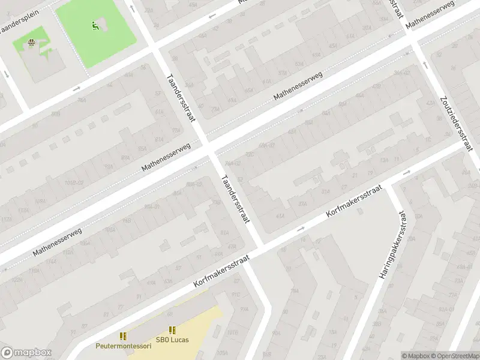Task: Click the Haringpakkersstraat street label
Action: pos(391,245)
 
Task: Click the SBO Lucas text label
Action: pos(172,340)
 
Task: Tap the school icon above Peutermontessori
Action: pos(124,336)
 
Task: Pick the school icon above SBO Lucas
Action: pos(172,330)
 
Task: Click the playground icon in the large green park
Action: pos(95,25)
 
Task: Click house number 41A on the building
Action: pos(279,216)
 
